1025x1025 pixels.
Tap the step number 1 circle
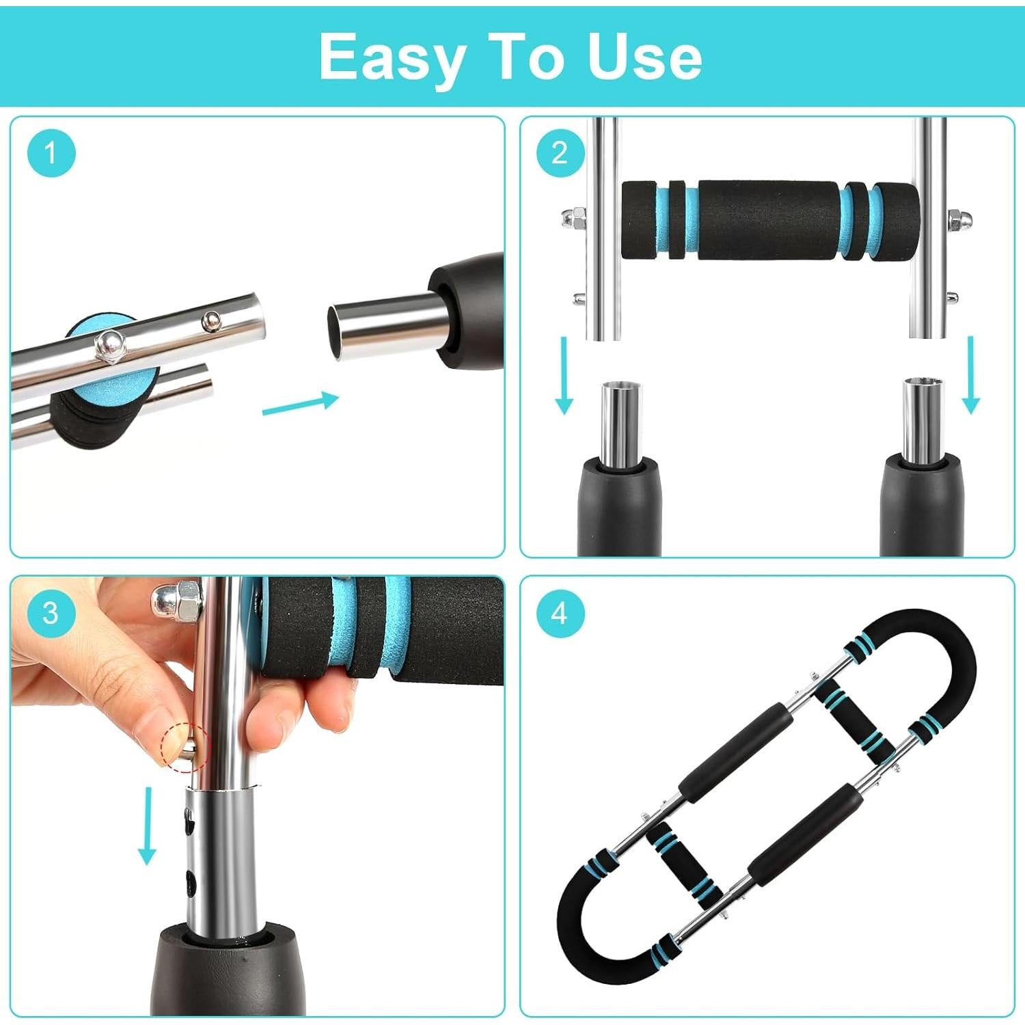51,152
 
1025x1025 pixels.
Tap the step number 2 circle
560,152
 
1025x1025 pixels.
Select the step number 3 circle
51,612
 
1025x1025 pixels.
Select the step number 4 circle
560,612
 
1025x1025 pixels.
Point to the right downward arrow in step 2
970,375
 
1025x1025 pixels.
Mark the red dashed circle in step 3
183,748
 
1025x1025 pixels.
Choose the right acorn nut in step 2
955,219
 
